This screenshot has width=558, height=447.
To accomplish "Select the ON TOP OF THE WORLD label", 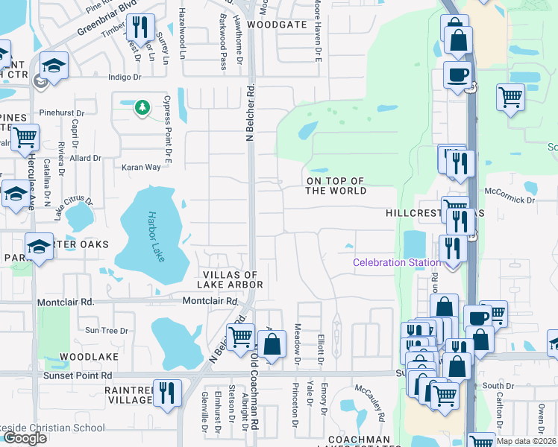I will [x=336, y=186].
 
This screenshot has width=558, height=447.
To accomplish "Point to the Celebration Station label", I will [x=396, y=262].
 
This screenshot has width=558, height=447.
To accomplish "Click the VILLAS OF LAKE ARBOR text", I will [x=230, y=279].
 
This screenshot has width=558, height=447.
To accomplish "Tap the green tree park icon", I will [x=142, y=109].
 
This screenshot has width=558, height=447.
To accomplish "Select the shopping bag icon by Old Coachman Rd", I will [x=272, y=344].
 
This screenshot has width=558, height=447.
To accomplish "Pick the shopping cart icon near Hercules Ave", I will [x=25, y=137].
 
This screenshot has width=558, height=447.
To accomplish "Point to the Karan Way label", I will [x=142, y=167].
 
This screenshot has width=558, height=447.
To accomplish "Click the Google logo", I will [x=25, y=438].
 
